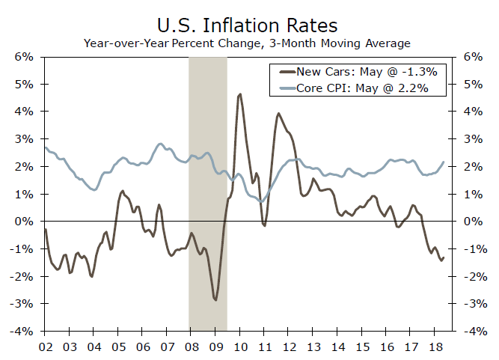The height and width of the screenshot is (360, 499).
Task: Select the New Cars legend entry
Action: click(x=362, y=73)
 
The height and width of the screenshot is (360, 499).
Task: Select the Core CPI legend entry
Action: click(x=362, y=88)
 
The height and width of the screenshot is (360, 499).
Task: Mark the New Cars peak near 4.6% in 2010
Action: click(x=240, y=94)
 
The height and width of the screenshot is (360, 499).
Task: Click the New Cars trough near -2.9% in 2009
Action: click(x=215, y=299)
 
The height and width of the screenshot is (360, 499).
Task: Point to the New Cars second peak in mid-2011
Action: click(x=278, y=114)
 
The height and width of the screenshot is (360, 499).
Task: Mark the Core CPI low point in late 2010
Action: click(x=260, y=202)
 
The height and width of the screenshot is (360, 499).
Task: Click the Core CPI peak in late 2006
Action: click(x=160, y=144)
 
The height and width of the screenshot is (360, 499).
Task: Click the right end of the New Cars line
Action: click(x=444, y=257)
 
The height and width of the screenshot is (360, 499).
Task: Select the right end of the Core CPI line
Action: click(x=444, y=162)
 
